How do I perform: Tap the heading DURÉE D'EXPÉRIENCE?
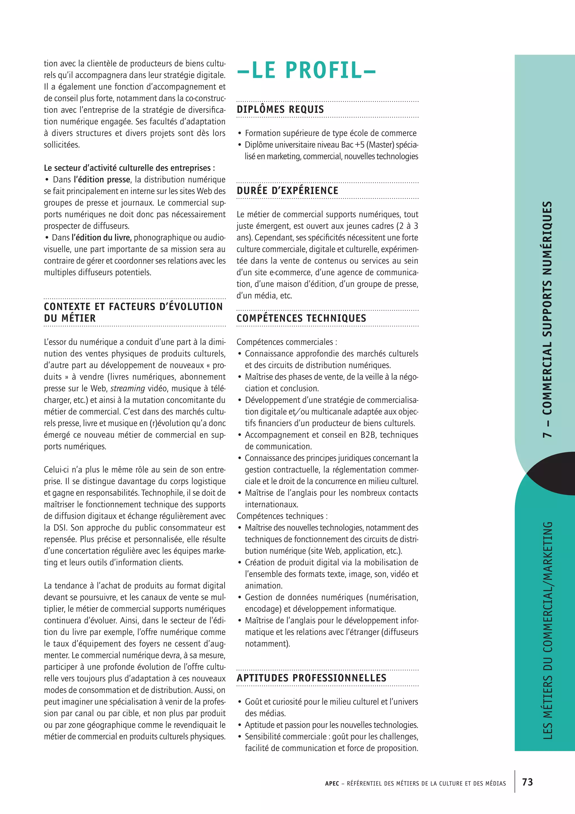pyautogui.click(x=287, y=191)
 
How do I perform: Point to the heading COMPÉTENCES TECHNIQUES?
pyautogui.click(x=301, y=318)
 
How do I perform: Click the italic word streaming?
pyautogui.click(x=127, y=388)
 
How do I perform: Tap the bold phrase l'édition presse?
pyautogui.click(x=102, y=180)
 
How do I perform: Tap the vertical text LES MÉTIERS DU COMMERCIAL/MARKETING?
pyautogui.click(x=547, y=631)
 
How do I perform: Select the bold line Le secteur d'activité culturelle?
pyautogui.click(x=129, y=168)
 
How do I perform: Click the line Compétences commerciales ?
pyautogui.click(x=286, y=342)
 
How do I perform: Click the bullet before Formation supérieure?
pyautogui.click(x=240, y=134)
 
